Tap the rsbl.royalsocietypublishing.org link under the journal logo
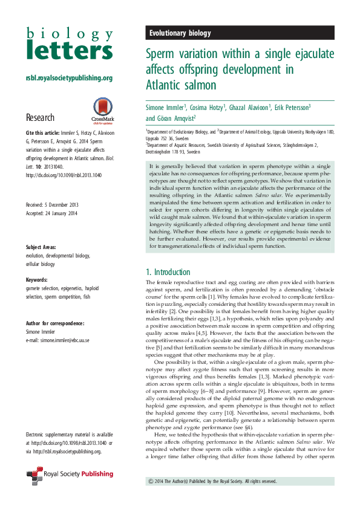tap(69, 78)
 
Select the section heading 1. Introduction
tap(168, 272)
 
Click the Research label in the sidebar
tap(40, 117)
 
